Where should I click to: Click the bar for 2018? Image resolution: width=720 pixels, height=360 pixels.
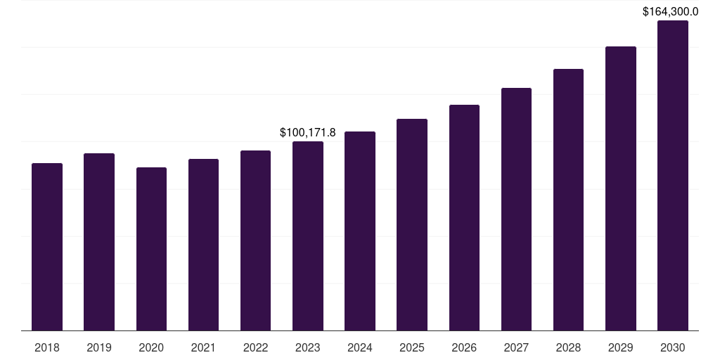click(x=47, y=247)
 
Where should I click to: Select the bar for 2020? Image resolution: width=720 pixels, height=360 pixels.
click(x=151, y=249)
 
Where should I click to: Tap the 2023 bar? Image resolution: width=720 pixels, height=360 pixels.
click(x=308, y=236)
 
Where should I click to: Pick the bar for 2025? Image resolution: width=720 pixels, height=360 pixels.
click(x=412, y=225)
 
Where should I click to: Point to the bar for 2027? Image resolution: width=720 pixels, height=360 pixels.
click(x=516, y=210)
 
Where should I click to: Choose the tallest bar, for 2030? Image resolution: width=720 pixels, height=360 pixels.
click(x=673, y=176)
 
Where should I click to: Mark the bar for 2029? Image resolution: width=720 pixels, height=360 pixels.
click(x=621, y=188)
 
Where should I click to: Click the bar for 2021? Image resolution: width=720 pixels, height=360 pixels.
click(x=203, y=245)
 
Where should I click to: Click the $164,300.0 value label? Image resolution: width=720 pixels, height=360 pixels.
click(x=671, y=11)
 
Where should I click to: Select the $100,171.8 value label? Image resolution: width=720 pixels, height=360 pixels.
click(x=308, y=132)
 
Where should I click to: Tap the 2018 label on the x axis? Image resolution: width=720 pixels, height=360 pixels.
click(x=47, y=347)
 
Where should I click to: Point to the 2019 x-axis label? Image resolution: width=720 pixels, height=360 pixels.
click(x=99, y=347)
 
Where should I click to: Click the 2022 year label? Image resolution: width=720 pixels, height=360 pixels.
click(x=256, y=347)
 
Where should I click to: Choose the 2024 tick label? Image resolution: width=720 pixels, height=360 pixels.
click(x=360, y=347)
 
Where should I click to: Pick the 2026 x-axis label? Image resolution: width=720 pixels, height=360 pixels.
click(x=464, y=347)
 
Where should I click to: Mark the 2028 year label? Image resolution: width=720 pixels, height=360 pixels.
click(x=568, y=347)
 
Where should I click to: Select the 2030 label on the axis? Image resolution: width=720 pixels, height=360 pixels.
click(x=673, y=347)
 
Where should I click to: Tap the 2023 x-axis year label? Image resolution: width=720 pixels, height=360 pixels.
click(x=308, y=347)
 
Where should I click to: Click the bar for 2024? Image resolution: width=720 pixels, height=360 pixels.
click(x=360, y=231)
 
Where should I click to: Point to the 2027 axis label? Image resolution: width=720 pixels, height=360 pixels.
click(x=516, y=347)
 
